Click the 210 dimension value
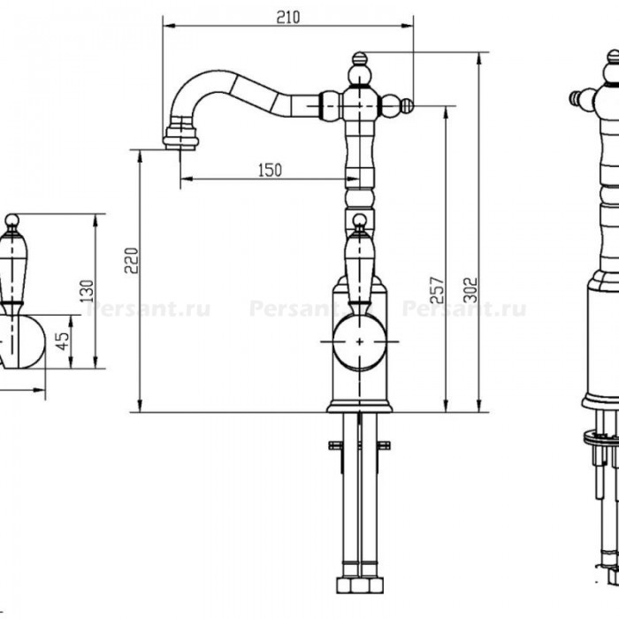(287, 17)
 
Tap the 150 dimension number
(270, 170)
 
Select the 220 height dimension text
(132, 261)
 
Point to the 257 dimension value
(437, 290)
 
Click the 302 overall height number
(470, 290)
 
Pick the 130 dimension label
(88, 291)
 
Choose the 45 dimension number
(63, 341)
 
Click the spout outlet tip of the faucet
(180, 147)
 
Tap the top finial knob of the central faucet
(359, 58)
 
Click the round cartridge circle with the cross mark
(359, 341)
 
